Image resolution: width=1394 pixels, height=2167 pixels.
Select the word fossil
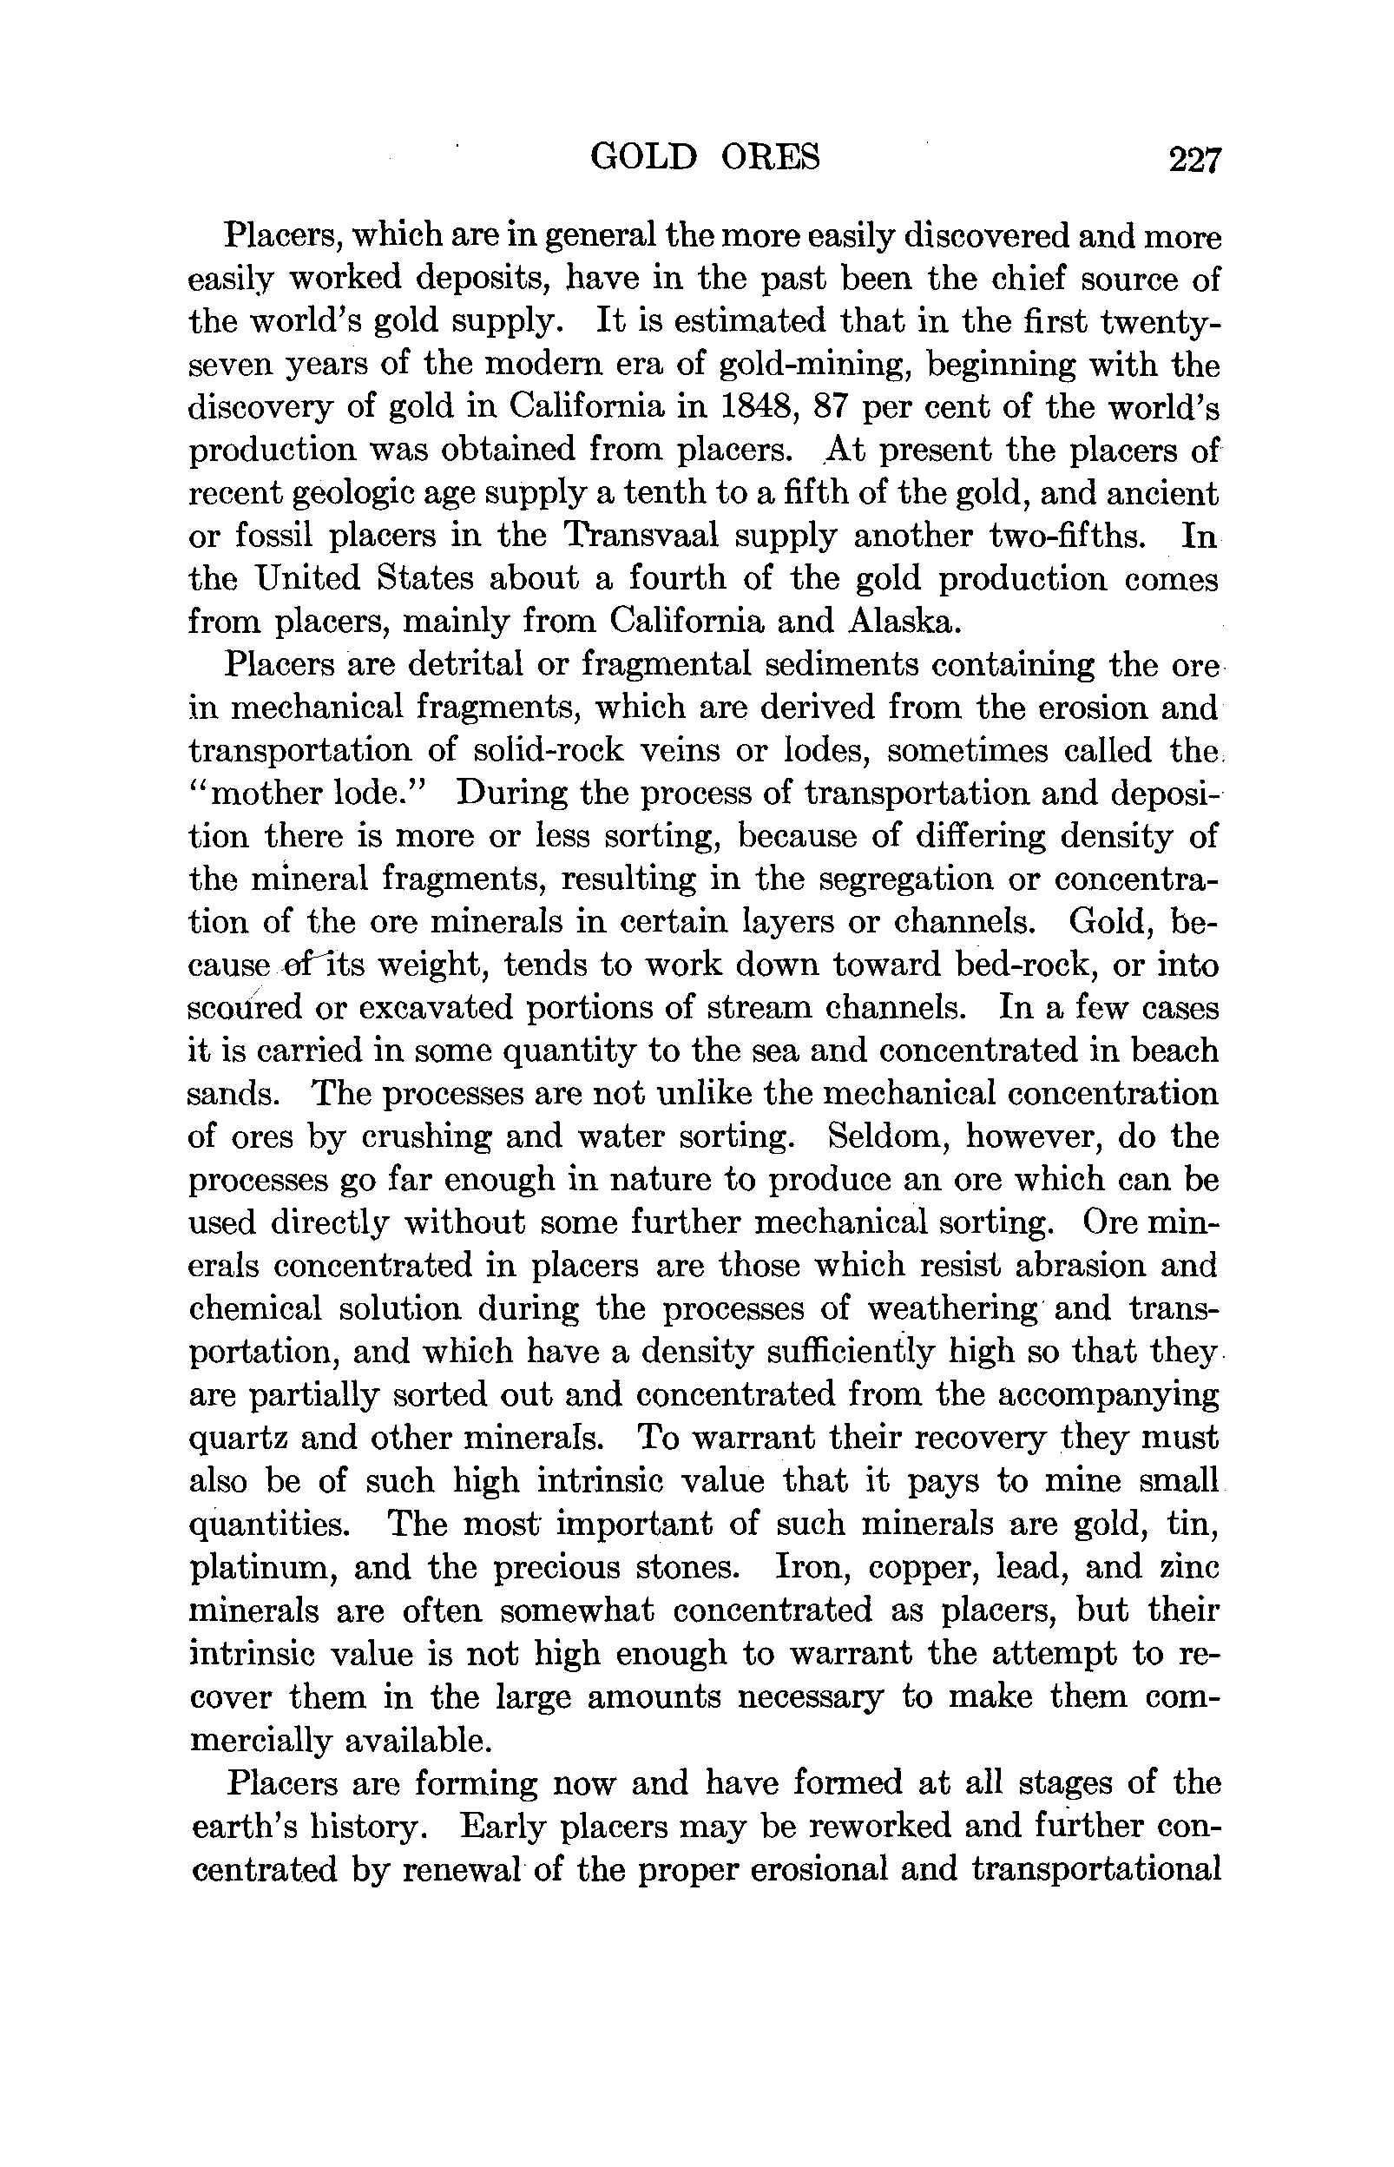click(273, 536)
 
